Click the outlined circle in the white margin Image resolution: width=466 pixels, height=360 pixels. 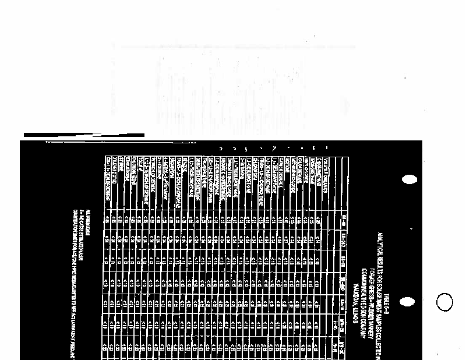[445, 302]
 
